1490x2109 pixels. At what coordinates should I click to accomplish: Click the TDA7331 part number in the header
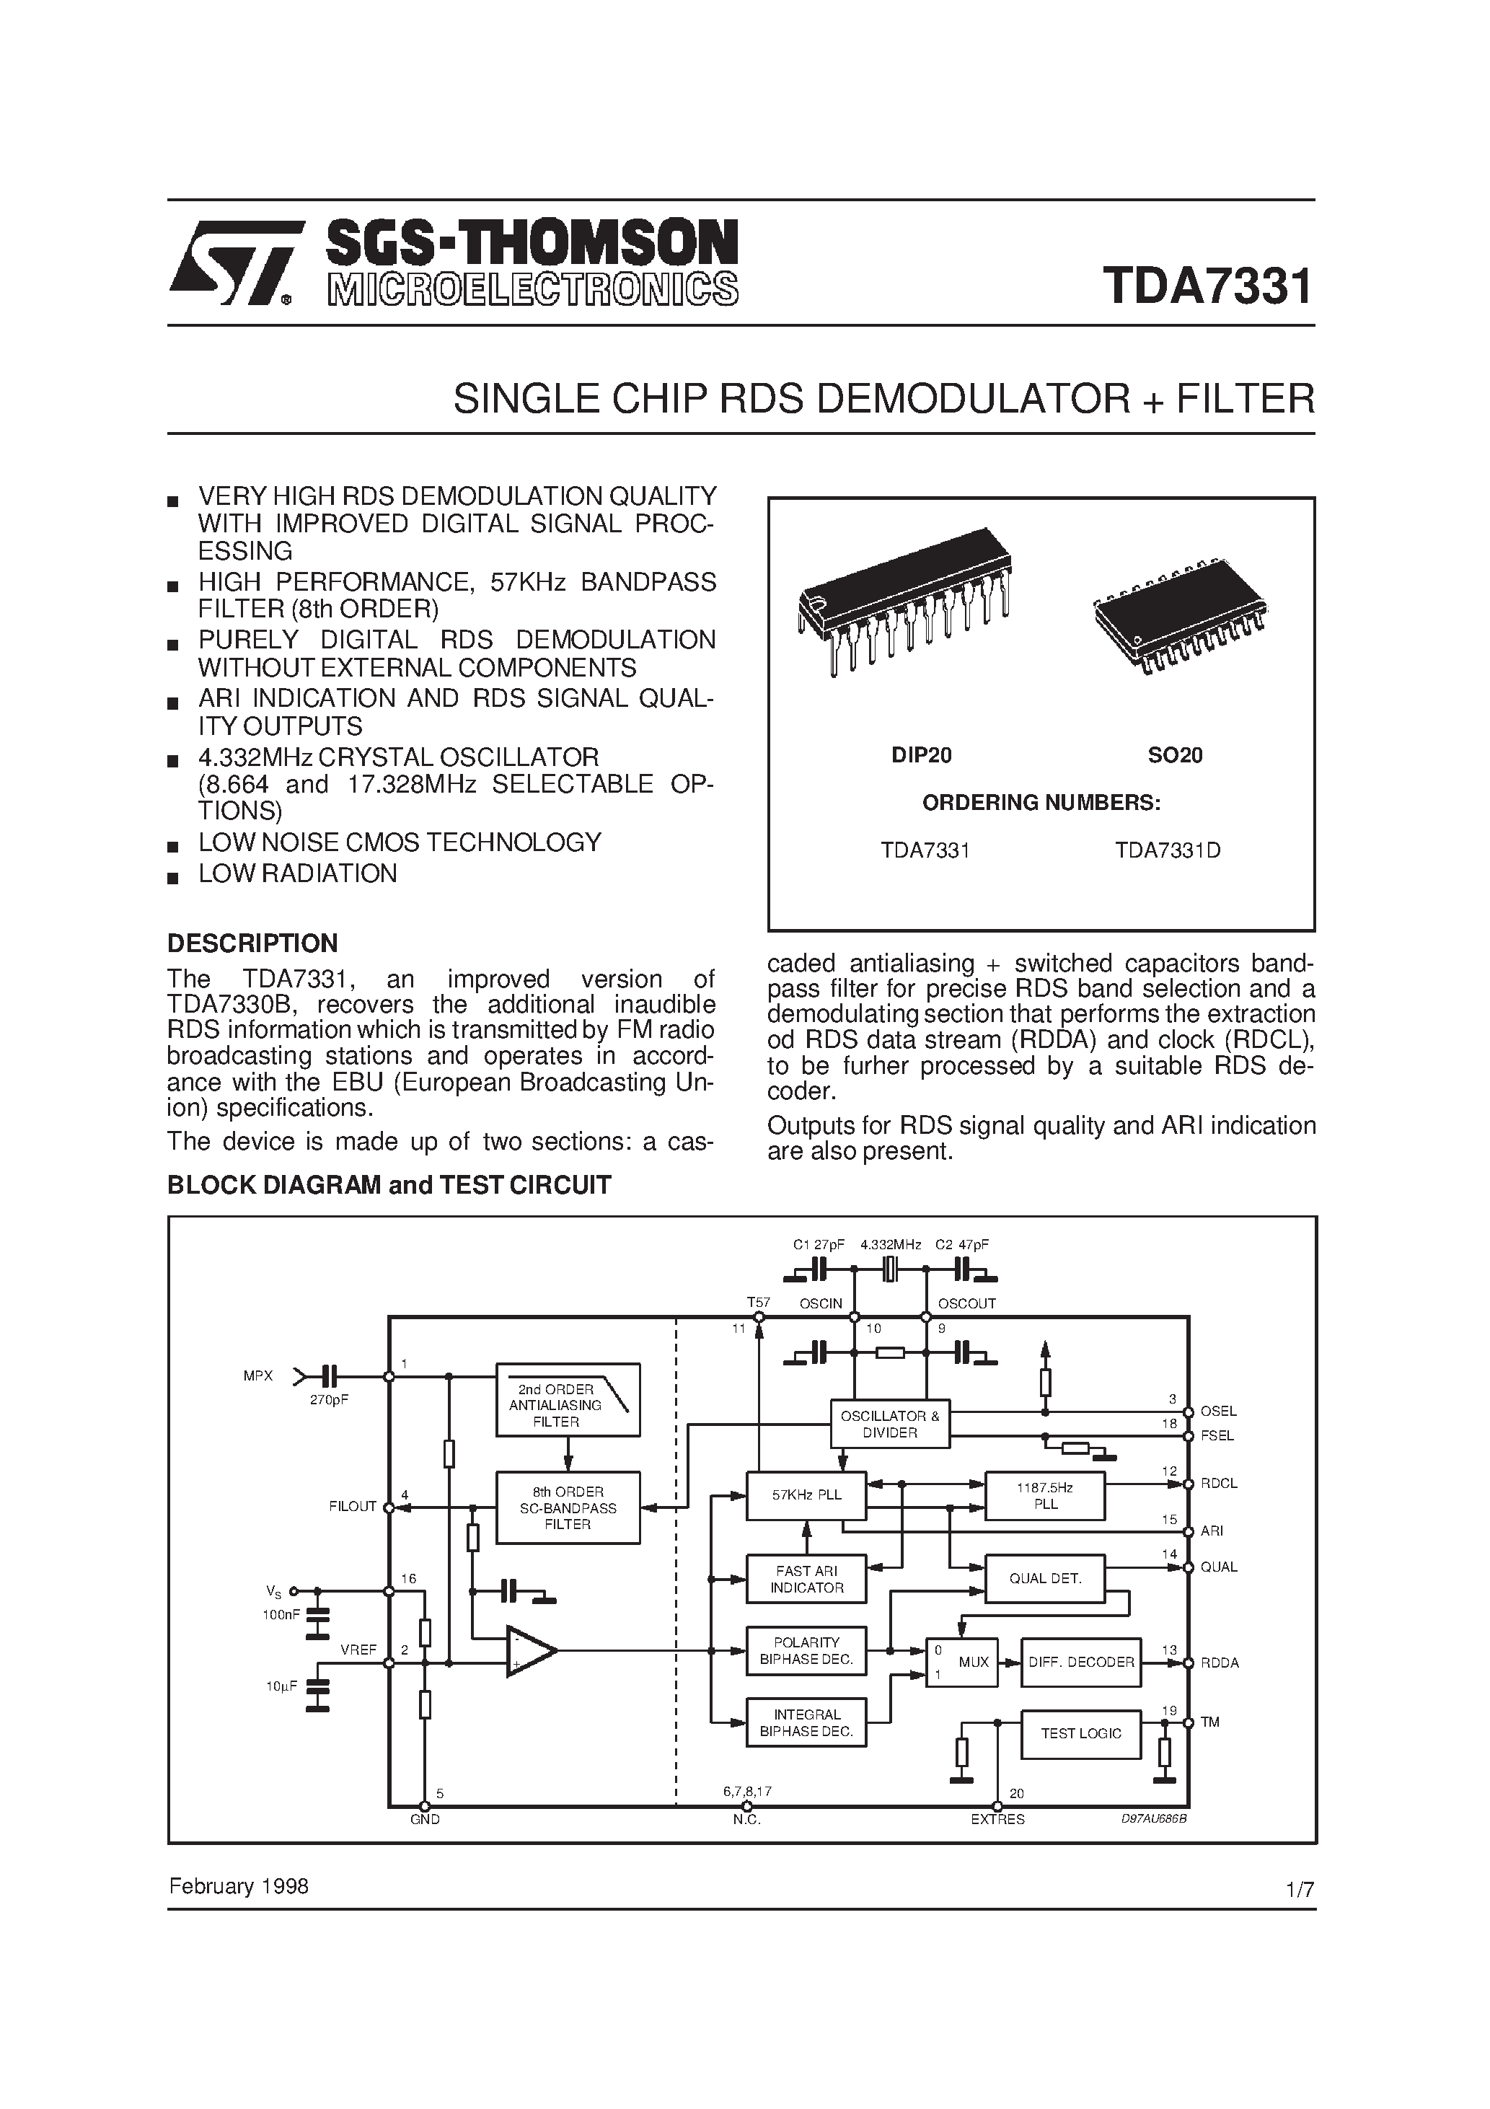pos(1207,286)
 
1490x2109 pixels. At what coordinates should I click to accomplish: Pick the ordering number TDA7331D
pos(1168,850)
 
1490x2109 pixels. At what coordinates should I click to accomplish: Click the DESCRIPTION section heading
pos(252,943)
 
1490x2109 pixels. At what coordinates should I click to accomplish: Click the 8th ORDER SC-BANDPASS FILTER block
pos(568,1507)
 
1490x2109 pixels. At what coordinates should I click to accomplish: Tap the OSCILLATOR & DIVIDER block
pos(889,1424)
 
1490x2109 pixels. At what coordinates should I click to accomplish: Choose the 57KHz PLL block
pos(806,1494)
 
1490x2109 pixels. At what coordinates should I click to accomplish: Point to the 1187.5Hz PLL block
pos(1044,1495)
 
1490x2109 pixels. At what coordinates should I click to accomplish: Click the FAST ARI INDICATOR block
pos(806,1579)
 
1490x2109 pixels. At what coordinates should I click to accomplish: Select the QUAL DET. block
pos(1044,1578)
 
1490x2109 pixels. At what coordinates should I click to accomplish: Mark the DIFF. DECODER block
pos(1080,1662)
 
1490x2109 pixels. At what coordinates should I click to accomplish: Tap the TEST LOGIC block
pos(1080,1733)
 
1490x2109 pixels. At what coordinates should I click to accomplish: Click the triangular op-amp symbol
pos(530,1651)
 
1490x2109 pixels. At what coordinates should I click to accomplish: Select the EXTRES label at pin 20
pos(997,1819)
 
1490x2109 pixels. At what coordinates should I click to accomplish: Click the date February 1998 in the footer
pos(239,1887)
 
